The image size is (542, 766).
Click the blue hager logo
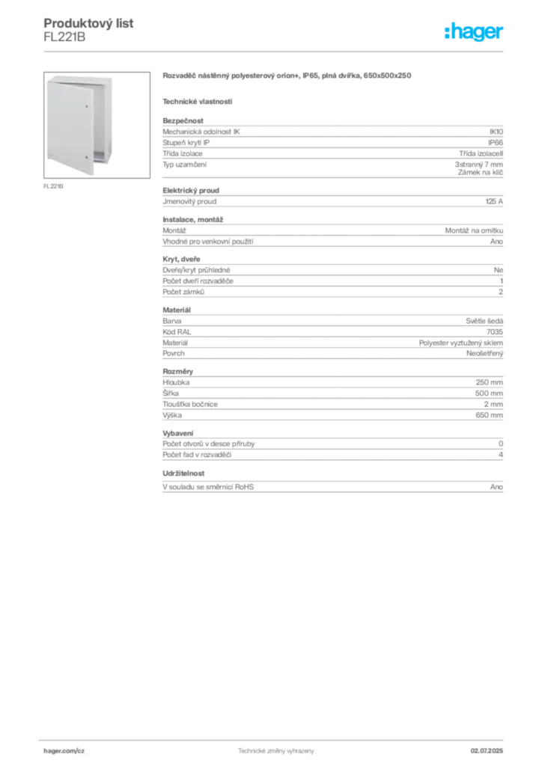point(475,32)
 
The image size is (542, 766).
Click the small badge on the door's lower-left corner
point(51,158)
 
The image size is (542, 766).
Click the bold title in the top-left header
point(90,23)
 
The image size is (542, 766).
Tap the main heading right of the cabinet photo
point(288,77)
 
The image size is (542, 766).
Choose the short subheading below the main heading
point(198,101)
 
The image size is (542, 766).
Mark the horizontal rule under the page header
point(275,51)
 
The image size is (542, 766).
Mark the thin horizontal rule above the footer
point(275,738)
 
